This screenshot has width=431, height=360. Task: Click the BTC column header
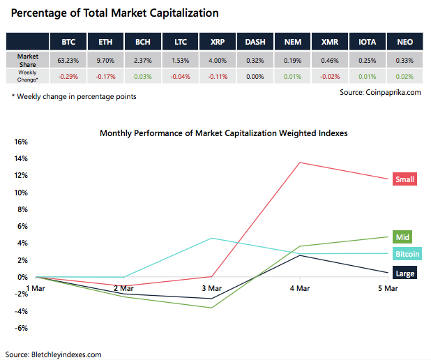(68, 42)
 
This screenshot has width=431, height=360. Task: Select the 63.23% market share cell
(68, 61)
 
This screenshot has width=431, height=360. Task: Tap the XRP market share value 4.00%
(218, 61)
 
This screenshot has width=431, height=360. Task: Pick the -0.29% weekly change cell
(68, 75)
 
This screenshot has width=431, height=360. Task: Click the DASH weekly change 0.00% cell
(255, 75)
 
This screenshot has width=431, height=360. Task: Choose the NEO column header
(404, 42)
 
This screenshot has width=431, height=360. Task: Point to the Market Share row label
(29, 60)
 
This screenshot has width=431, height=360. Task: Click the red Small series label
(404, 179)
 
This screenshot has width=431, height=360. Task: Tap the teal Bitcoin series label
(407, 254)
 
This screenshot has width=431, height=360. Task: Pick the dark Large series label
(404, 273)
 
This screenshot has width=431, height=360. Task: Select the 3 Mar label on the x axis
(211, 287)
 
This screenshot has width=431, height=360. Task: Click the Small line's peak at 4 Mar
(300, 163)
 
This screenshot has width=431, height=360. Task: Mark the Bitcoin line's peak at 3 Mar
(211, 238)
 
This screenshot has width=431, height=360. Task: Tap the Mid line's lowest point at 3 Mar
(211, 308)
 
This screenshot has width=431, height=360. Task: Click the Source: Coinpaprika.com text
(380, 91)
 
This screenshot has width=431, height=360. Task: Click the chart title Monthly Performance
(223, 132)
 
